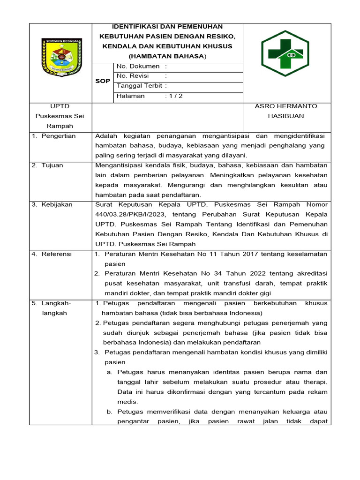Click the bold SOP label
103,81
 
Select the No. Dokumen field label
138,67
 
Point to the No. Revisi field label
133,76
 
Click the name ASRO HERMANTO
285,106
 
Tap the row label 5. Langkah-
52,303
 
